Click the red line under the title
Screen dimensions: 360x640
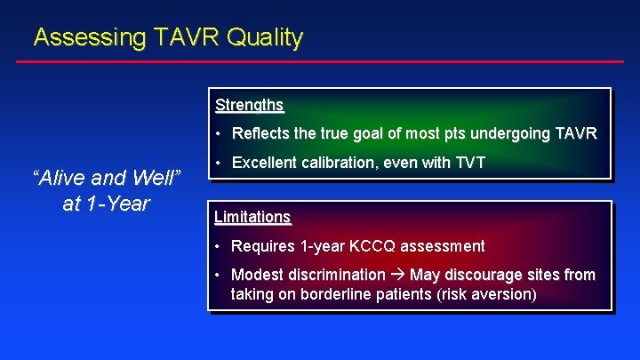pos(320,62)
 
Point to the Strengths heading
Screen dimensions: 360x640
pos(249,105)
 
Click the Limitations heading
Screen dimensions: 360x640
pos(252,217)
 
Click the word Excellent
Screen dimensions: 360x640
pos(264,163)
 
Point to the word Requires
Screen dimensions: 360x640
pos(262,246)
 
